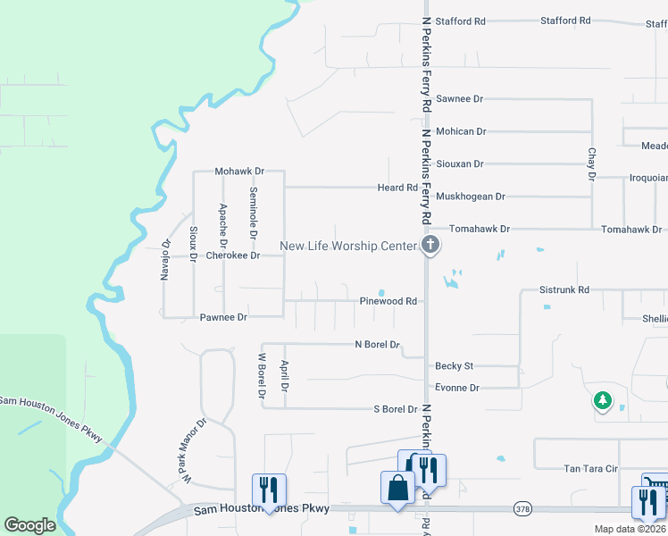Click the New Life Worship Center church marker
click(430, 246)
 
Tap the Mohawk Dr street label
click(239, 171)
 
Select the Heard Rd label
click(397, 188)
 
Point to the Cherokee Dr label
click(232, 255)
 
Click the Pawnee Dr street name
click(222, 317)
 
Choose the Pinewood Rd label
click(388, 301)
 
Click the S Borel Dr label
click(395, 409)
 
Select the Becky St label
click(454, 366)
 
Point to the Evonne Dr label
click(456, 388)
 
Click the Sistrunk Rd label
click(564, 290)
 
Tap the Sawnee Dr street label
click(459, 99)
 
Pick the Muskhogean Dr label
click(470, 197)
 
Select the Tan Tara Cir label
click(590, 468)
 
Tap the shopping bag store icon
click(397, 489)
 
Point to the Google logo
click(29, 525)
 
